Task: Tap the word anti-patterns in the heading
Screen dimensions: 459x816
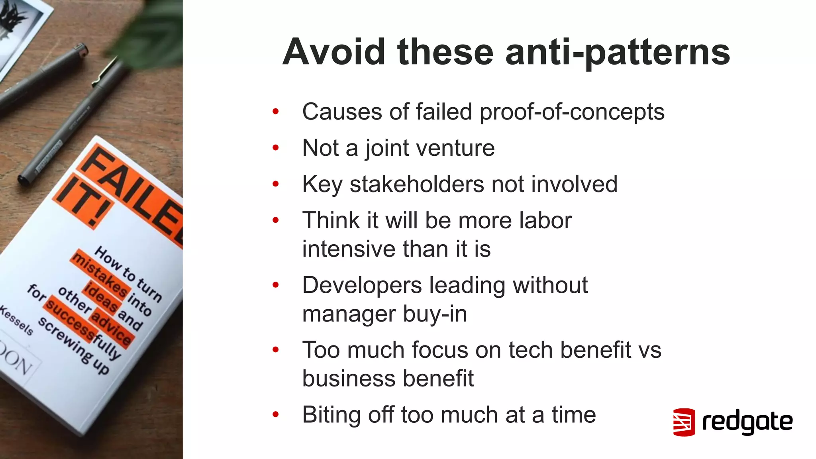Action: click(618, 53)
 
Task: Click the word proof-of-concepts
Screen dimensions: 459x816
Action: click(572, 112)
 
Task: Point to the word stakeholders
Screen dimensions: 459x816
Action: click(416, 184)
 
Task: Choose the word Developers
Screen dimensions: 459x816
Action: click(362, 285)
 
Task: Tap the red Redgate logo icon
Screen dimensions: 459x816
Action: click(684, 422)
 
